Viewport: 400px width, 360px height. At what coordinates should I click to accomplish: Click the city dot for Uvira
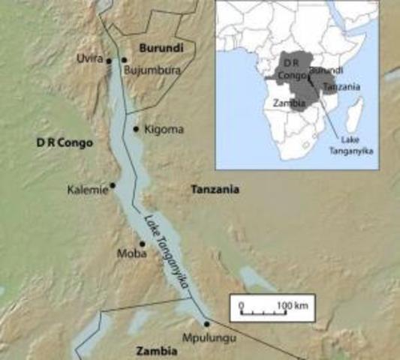click(109, 61)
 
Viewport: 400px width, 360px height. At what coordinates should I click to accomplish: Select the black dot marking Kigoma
click(136, 129)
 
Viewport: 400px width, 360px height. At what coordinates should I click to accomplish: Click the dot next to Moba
click(142, 244)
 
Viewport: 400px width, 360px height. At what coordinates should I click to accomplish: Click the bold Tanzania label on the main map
click(215, 190)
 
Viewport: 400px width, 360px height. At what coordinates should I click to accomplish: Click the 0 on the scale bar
click(241, 305)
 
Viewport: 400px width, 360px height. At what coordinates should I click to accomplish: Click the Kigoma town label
click(163, 129)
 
